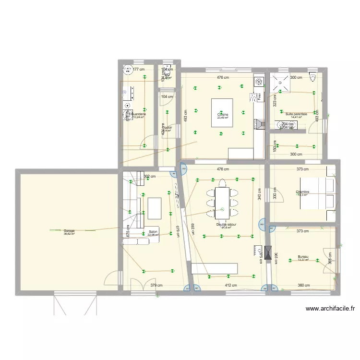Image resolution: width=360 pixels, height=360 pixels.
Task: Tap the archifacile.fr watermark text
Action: point(330,309)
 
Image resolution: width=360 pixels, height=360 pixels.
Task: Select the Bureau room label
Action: point(303,256)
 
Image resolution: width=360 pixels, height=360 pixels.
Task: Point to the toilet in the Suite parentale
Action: point(313,75)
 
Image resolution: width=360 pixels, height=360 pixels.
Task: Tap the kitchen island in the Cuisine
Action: point(222,113)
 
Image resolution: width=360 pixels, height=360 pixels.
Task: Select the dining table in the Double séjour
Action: point(222,202)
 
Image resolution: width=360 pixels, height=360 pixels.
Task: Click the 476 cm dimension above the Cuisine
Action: point(222,77)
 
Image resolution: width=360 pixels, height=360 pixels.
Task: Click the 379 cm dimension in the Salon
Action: point(156,285)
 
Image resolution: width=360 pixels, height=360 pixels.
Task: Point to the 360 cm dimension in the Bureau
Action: point(303,285)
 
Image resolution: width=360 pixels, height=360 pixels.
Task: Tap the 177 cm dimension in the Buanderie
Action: point(138,70)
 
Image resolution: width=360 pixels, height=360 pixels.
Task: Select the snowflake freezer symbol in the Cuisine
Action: point(258,82)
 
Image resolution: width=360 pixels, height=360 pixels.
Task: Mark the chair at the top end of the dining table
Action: point(222,183)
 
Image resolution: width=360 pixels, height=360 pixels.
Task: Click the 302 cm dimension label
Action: point(150,176)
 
